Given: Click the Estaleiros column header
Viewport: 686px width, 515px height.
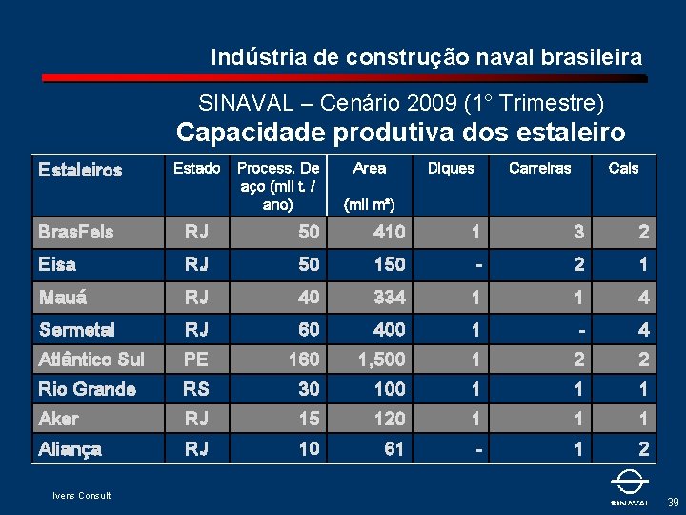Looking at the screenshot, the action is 80,170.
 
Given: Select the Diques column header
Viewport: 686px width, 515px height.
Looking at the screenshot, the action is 451,168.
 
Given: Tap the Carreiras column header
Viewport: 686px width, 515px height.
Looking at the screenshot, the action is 540,168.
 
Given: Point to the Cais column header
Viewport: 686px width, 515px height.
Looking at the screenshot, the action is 623,168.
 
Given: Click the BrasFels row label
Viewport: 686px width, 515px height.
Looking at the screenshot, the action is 76,232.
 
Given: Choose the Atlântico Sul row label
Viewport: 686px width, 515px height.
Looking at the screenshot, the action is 91,360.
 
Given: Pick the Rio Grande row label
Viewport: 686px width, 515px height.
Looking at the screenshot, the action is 87,389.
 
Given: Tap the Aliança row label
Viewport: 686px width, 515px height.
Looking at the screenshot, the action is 70,449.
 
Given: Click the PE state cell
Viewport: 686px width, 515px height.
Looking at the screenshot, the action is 196,360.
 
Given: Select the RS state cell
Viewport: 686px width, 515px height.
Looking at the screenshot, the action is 196,389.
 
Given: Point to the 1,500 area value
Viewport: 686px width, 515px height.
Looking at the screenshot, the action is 382,360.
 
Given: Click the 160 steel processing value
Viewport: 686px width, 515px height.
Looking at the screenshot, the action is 305,360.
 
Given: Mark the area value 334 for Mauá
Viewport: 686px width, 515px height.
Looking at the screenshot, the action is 390,298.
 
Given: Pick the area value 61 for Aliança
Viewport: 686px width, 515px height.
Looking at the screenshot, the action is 393,449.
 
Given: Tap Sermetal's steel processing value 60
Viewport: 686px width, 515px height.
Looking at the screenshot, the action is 310,330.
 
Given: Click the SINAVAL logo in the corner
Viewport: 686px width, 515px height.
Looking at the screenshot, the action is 630,487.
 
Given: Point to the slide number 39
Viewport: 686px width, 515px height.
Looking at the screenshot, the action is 674,502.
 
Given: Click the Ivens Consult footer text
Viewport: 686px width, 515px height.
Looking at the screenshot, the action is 81,496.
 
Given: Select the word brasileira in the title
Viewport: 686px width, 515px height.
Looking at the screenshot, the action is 592,57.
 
